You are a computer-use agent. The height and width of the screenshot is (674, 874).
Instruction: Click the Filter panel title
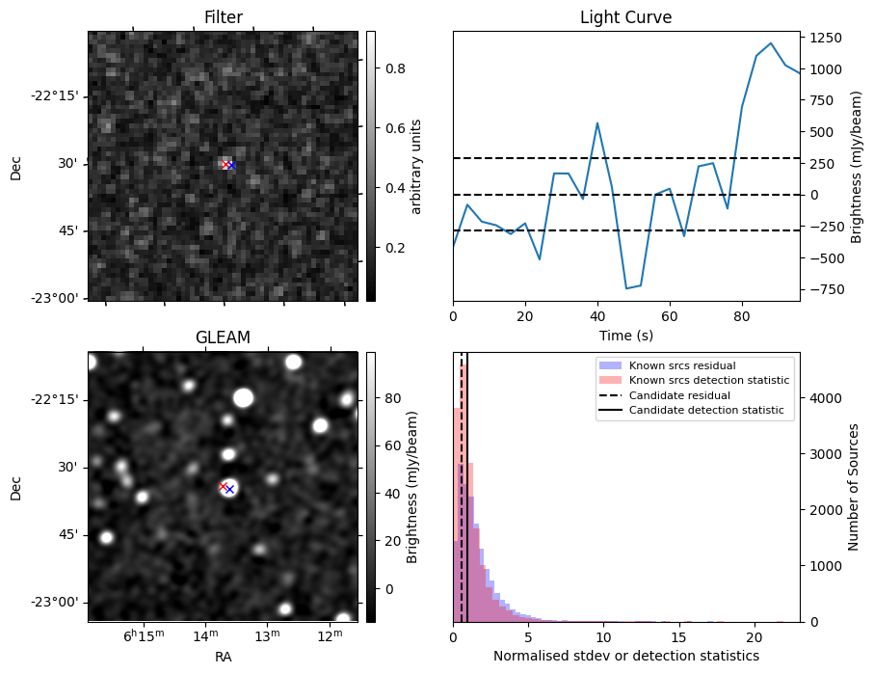pos(223,17)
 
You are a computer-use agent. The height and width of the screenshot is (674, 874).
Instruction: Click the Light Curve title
pos(625,17)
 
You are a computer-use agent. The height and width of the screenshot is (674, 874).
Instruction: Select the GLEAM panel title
pos(223,337)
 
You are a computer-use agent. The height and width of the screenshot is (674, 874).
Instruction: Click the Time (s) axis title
pos(625,335)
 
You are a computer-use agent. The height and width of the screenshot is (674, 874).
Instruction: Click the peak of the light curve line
pos(771,43)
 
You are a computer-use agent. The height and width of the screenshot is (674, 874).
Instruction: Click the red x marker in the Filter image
pos(225,165)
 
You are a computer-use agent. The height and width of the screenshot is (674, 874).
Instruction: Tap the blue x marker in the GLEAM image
pos(229,489)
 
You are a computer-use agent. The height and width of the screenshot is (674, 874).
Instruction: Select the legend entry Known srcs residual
pos(681,366)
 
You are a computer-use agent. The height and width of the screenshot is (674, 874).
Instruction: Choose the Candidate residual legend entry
pos(679,396)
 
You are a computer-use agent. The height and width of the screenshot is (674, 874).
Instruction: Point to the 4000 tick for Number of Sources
pos(828,398)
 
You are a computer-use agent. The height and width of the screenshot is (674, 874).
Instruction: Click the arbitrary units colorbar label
pos(416,166)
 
